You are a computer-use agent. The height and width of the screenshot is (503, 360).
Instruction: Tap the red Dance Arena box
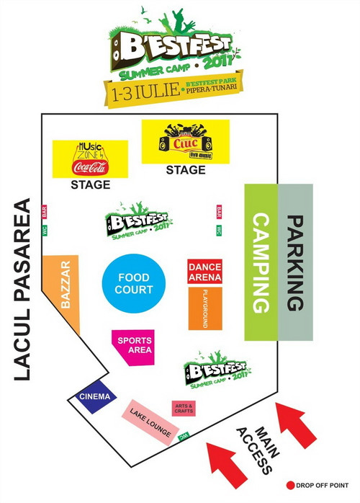point(204,271)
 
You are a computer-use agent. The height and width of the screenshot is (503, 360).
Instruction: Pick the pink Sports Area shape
point(133,347)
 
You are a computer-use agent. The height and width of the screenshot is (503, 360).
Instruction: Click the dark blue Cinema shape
point(94,397)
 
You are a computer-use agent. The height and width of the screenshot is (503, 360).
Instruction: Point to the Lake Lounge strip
point(150,422)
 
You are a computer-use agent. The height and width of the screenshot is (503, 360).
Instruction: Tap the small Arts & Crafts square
point(184,409)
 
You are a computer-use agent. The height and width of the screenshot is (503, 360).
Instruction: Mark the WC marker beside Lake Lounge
point(184,435)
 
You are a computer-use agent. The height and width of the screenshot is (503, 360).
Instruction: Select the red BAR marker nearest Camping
point(219,212)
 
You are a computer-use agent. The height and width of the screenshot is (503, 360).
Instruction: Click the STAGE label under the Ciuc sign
point(186,171)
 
